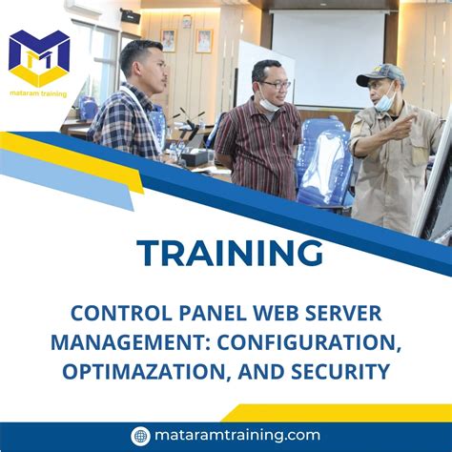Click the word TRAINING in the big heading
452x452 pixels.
click(x=229, y=254)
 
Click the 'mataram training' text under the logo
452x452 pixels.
click(x=38, y=93)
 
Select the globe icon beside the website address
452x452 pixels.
click(x=141, y=435)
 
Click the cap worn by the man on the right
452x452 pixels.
click(x=380, y=74)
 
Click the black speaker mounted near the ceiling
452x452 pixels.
click(x=131, y=16)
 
